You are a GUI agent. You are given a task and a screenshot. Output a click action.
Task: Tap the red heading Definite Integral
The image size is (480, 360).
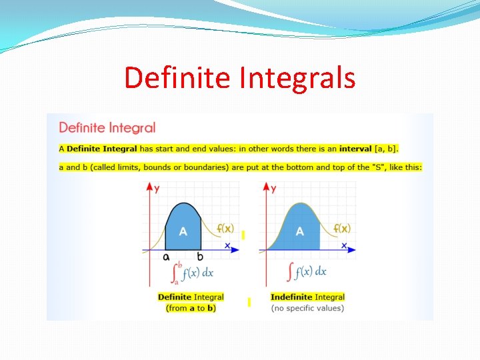click(x=107, y=127)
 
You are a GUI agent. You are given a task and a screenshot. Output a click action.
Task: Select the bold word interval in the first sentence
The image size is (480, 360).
click(x=355, y=148)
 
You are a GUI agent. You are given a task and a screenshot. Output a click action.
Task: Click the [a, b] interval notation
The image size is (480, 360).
click(x=386, y=148)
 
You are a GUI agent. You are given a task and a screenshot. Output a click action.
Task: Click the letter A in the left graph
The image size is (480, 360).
click(x=183, y=231)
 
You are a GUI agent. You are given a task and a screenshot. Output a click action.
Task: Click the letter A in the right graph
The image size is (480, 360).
click(x=299, y=231)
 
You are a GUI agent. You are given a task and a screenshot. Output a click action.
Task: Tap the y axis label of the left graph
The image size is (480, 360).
click(x=157, y=189)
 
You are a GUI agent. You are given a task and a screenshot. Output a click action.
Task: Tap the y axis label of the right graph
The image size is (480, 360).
click(x=273, y=189)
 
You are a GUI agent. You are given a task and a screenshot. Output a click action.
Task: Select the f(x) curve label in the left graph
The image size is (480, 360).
click(x=225, y=229)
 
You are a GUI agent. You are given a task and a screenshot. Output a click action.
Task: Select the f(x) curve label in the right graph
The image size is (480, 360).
click(x=342, y=229)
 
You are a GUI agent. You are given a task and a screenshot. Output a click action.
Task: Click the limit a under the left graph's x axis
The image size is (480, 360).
click(x=166, y=256)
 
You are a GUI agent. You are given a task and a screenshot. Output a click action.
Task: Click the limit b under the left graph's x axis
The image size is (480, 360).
click(x=199, y=256)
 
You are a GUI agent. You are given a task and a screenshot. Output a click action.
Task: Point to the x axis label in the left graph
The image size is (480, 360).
click(x=227, y=245)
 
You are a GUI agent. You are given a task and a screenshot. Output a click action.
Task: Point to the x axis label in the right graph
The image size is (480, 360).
click(x=344, y=245)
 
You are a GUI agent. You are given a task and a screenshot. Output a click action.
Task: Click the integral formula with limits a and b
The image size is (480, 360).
click(x=191, y=271)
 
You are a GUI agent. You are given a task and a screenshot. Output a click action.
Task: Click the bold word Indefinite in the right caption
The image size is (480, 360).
click(x=291, y=297)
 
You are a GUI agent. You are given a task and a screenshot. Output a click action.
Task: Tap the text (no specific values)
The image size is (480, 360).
click(x=307, y=308)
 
